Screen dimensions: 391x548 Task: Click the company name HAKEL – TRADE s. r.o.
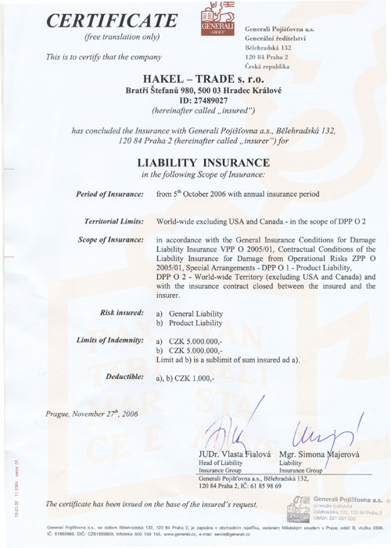point(194,91)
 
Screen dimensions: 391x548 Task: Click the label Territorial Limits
point(111,245)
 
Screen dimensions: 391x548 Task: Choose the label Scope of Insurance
point(111,267)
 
